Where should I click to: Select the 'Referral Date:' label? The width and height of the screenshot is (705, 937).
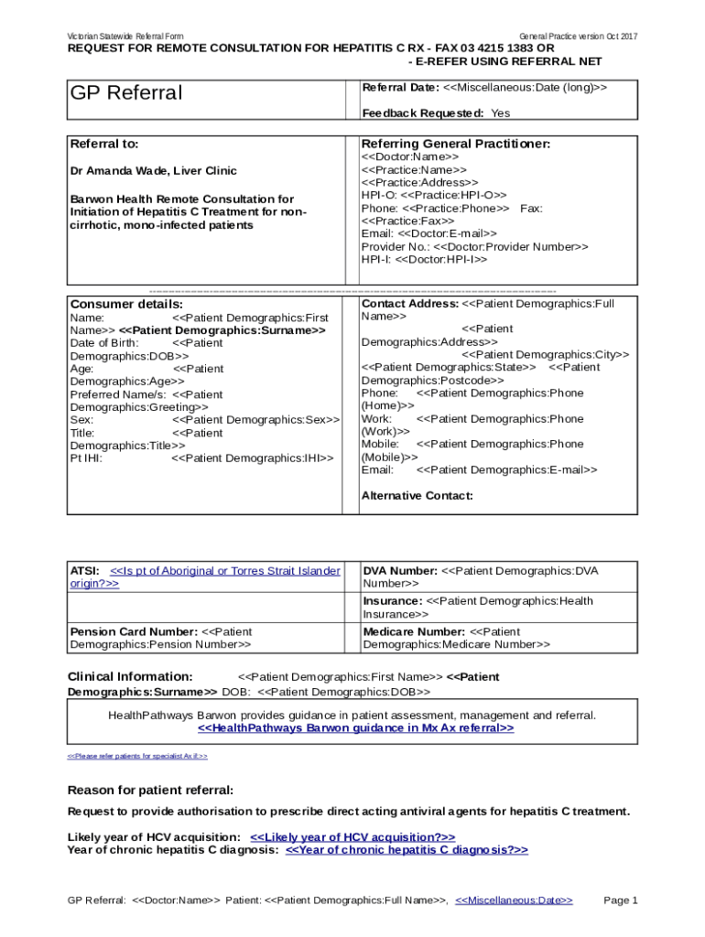coord(401,88)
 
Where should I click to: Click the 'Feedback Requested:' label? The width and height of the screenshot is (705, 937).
coord(423,113)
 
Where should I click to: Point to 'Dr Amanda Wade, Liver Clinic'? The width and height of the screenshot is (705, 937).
coord(154,171)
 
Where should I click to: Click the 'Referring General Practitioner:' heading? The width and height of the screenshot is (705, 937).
coord(456,145)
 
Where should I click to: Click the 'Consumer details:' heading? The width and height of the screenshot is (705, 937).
coord(126,304)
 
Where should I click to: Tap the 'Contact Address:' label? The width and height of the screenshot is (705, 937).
coord(410,303)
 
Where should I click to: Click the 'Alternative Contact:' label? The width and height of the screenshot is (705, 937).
coord(417,496)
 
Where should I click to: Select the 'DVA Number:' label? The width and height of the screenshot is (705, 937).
coord(400,571)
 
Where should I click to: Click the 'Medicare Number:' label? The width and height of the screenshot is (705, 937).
coord(414,632)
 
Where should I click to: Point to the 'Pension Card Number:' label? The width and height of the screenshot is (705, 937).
coord(134,632)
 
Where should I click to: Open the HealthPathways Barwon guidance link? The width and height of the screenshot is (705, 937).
coord(356,728)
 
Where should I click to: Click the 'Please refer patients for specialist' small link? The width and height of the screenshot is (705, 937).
coord(137,757)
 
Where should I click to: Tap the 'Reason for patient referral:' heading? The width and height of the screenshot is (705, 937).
coord(151,791)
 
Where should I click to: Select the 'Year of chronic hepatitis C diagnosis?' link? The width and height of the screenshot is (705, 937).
coord(407,850)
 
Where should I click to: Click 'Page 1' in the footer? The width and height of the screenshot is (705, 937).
coord(620,900)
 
